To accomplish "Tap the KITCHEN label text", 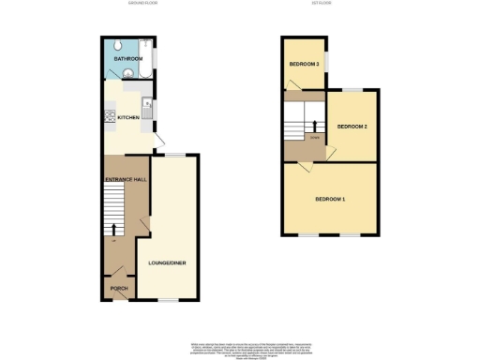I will (128, 117).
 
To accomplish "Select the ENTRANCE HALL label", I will (124, 179).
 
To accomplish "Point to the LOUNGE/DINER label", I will (167, 262).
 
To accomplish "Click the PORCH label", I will (118, 288).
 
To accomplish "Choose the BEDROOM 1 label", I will (330, 200).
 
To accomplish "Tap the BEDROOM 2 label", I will (352, 126).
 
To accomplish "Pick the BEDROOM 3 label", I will (305, 64).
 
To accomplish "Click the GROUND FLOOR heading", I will (142, 4).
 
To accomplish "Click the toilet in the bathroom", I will (112, 47).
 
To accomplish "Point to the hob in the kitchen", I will (110, 117).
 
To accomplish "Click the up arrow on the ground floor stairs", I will (114, 230).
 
